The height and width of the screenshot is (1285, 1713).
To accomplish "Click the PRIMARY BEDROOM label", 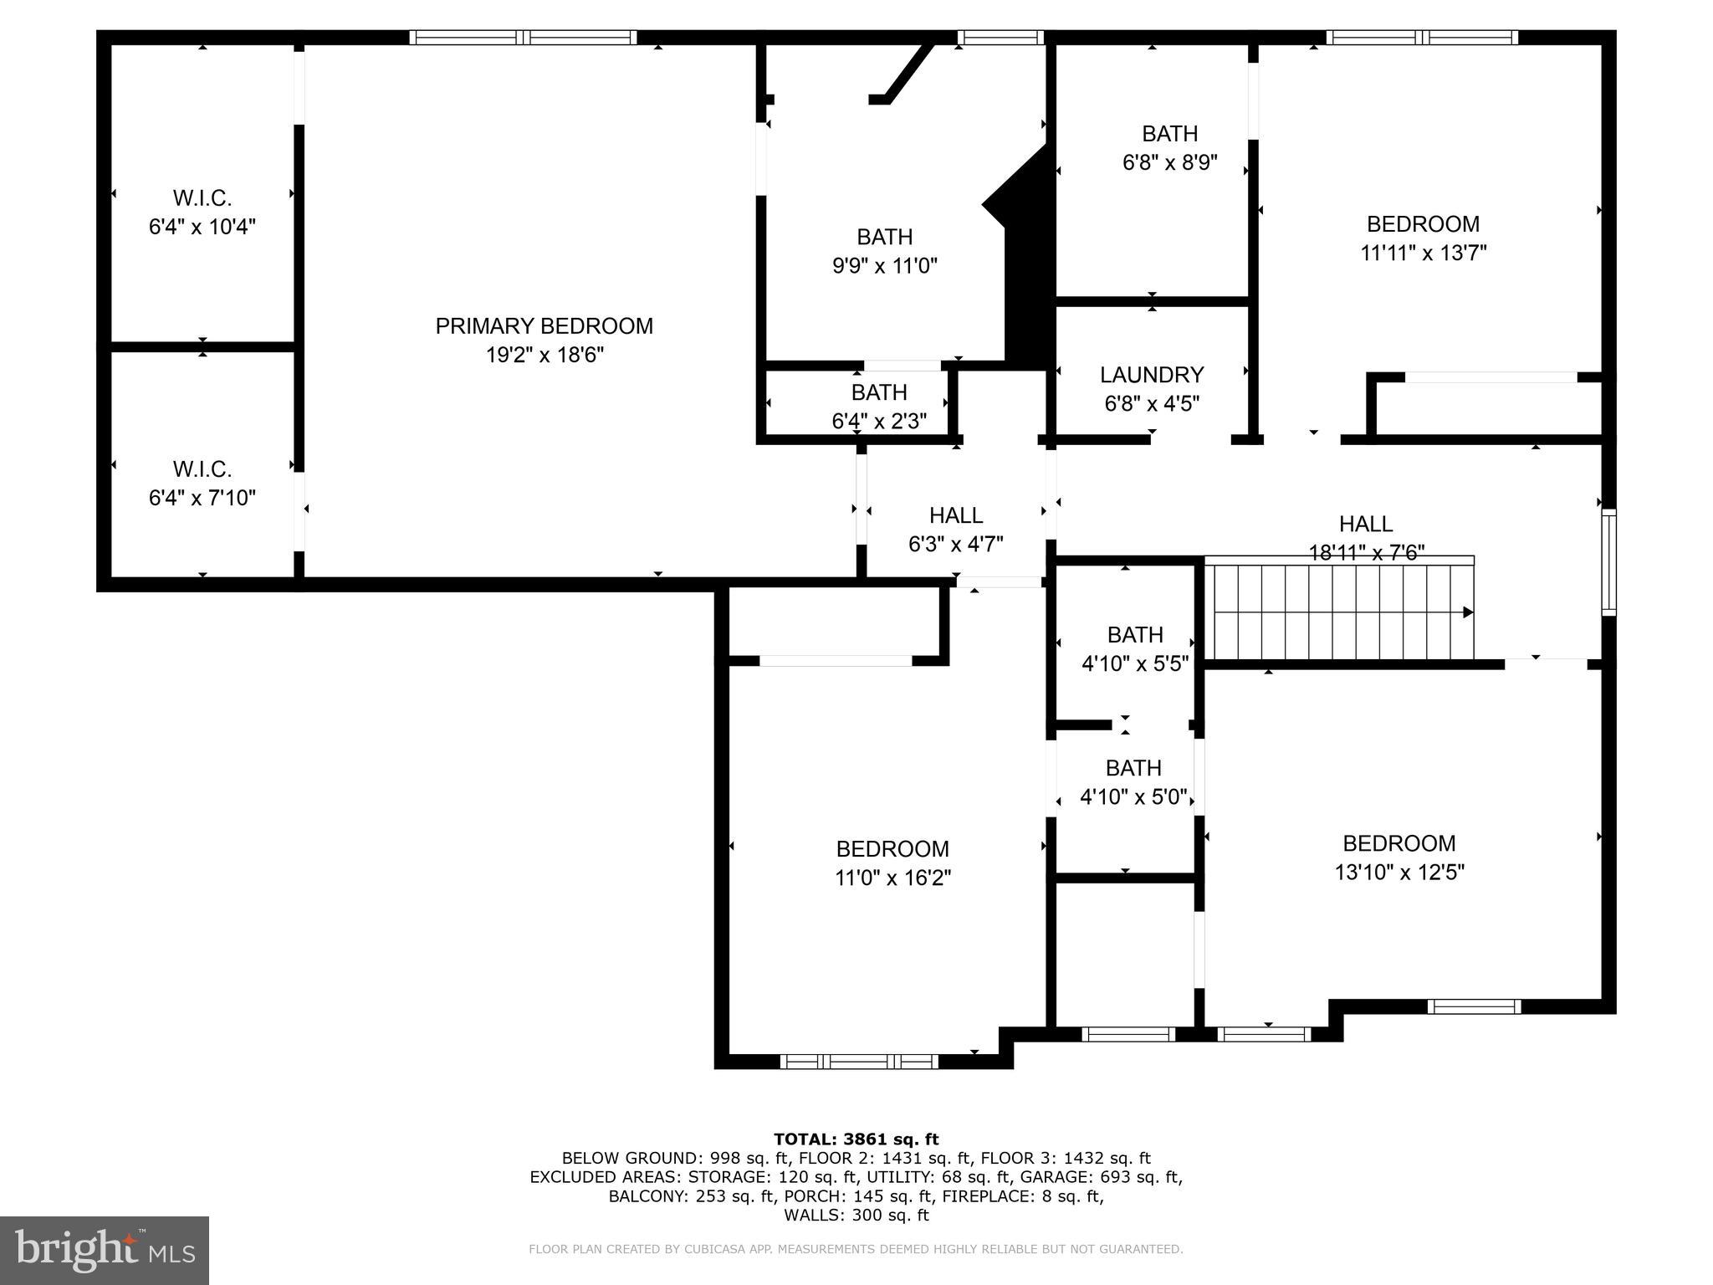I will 544,326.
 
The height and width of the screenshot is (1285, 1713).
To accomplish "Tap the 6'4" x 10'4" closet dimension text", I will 202,227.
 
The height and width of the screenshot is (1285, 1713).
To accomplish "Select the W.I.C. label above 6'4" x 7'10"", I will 202,468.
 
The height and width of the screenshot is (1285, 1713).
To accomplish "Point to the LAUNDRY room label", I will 1152,375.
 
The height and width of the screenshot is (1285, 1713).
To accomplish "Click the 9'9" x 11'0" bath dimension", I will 884,266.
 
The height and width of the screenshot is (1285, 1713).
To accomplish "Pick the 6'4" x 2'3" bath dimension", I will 879,421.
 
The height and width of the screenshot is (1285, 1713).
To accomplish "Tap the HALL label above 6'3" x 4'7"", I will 956,515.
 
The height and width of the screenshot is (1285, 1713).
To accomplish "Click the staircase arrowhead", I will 1467,612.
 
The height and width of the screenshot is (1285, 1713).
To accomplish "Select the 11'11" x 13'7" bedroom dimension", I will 1423,253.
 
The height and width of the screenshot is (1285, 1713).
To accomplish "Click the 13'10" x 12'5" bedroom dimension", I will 1399,873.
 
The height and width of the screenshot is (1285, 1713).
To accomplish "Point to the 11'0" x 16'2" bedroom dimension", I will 892,878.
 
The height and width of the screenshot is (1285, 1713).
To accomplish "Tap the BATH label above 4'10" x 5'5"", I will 1135,635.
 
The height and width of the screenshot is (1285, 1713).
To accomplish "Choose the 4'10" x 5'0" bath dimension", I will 1133,797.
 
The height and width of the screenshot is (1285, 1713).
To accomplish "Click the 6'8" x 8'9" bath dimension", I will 1169,162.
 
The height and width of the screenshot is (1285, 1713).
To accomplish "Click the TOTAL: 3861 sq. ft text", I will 856,1139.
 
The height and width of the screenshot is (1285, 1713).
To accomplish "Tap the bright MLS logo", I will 104,1250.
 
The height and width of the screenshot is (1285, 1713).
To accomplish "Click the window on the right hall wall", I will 1608,562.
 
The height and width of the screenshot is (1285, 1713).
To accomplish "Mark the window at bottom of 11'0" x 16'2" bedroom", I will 859,1062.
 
